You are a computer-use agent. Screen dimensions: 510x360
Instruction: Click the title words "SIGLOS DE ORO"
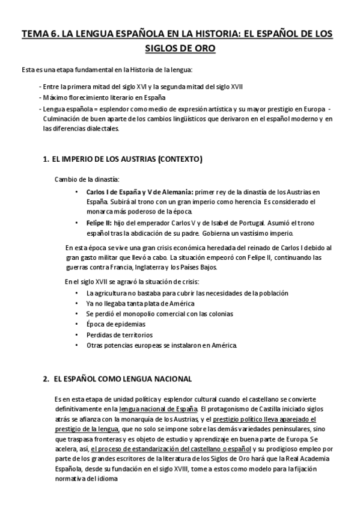click(x=180, y=48)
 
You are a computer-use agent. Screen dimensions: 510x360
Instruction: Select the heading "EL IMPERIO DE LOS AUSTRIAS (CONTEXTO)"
click(x=127, y=159)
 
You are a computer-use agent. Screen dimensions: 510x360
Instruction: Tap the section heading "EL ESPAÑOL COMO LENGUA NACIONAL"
click(x=123, y=379)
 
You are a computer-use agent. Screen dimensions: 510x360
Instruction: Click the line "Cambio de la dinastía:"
click(x=87, y=179)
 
